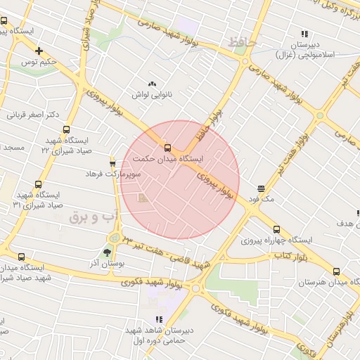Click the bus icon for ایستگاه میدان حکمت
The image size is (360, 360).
pyautogui.click(x=167, y=148)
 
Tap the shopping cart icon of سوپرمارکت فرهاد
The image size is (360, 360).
pyautogui.click(x=112, y=164)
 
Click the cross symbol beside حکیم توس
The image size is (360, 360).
pyautogui.click(x=39, y=51)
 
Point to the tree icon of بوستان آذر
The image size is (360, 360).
pyautogui.click(x=107, y=251)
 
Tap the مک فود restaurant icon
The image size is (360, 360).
pyautogui.click(x=262, y=188)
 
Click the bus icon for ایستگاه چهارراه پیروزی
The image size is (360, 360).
pyautogui.click(x=276, y=229)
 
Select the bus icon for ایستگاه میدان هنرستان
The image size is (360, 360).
pyautogui.click(x=336, y=271)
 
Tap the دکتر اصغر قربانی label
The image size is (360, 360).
pyautogui.click(x=34, y=114)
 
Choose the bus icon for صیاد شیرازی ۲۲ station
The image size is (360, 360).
pyautogui.click(x=66, y=129)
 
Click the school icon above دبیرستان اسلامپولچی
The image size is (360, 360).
pyautogui.click(x=304, y=33)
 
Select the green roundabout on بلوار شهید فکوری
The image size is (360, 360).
pyautogui.click(x=195, y=288)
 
